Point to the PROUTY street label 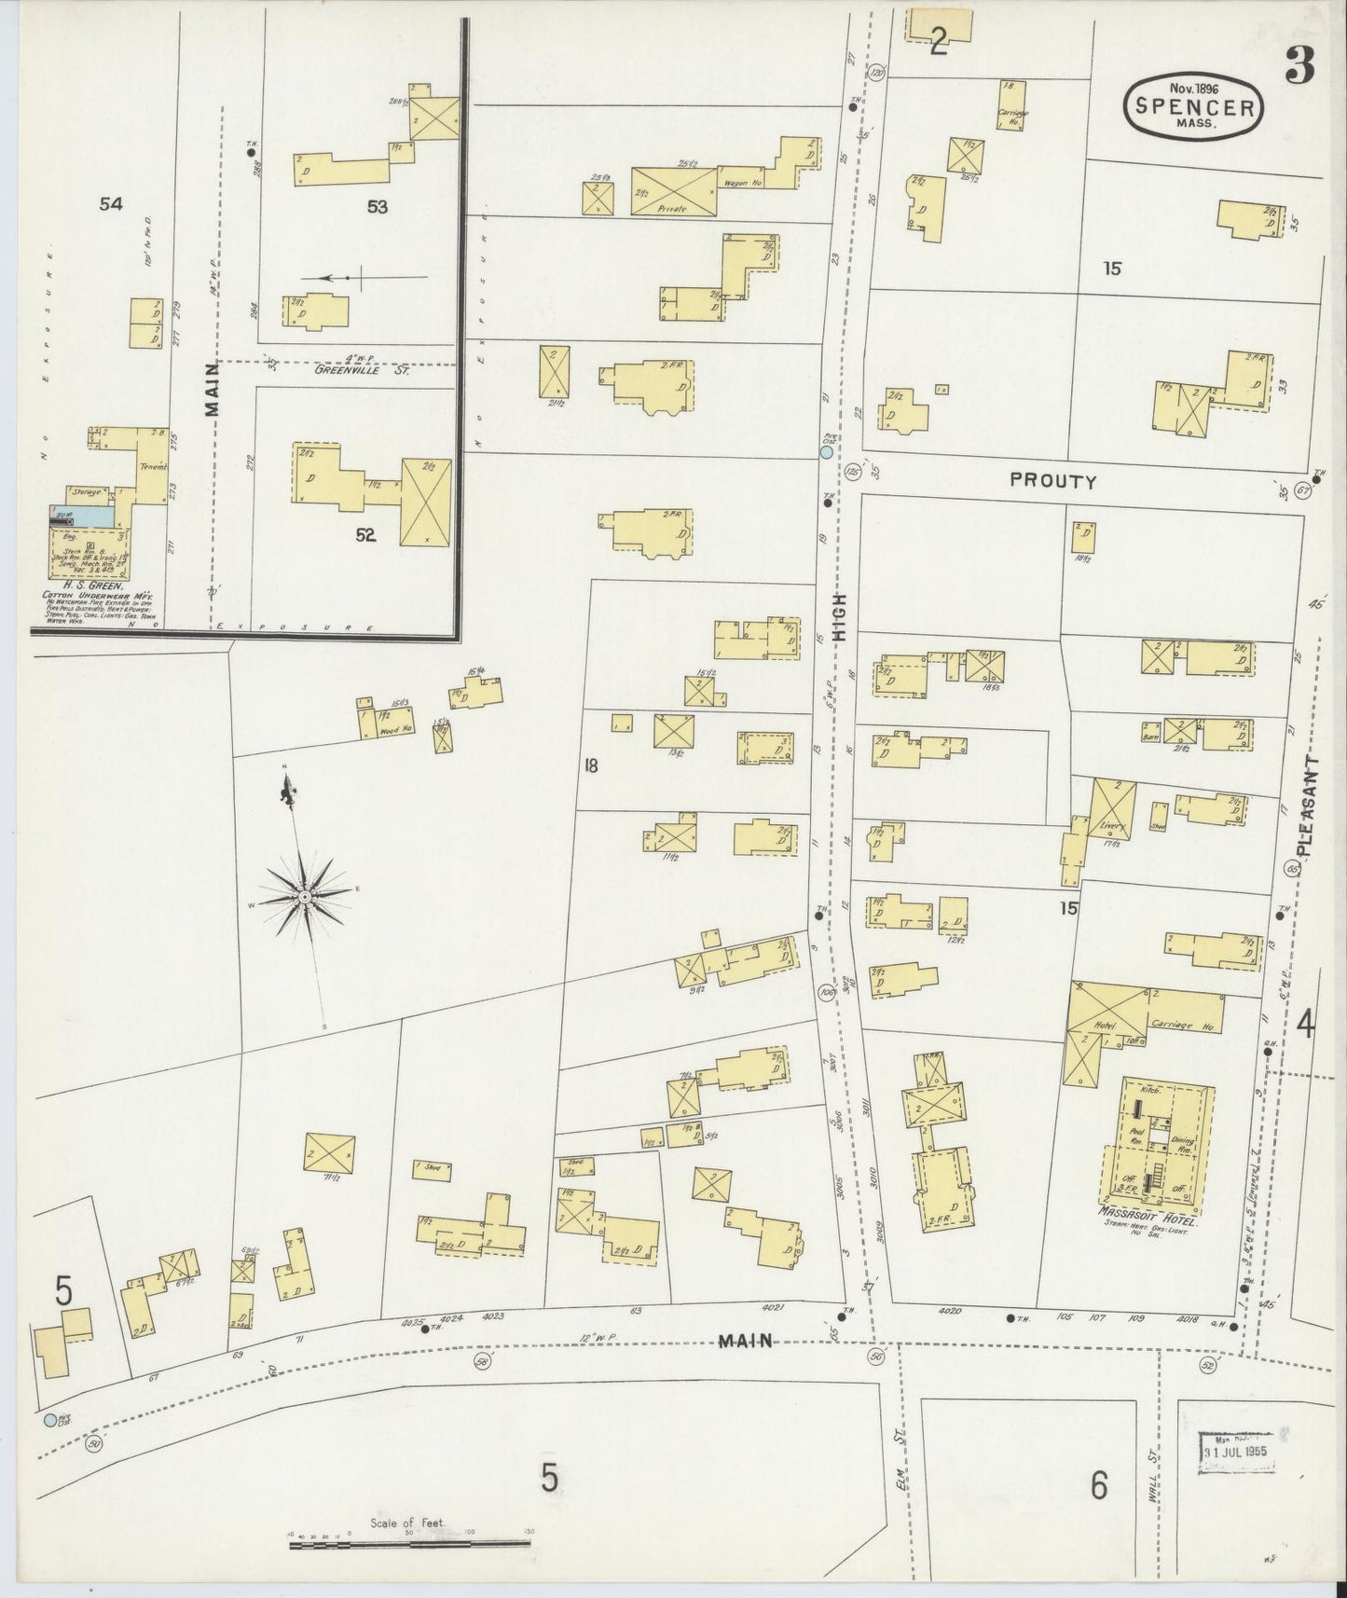(x=1052, y=481)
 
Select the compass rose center (x=304, y=897)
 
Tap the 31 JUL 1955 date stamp (x=1237, y=1453)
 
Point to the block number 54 (x=110, y=204)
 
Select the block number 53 (x=377, y=207)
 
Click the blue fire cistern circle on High (x=826, y=452)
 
